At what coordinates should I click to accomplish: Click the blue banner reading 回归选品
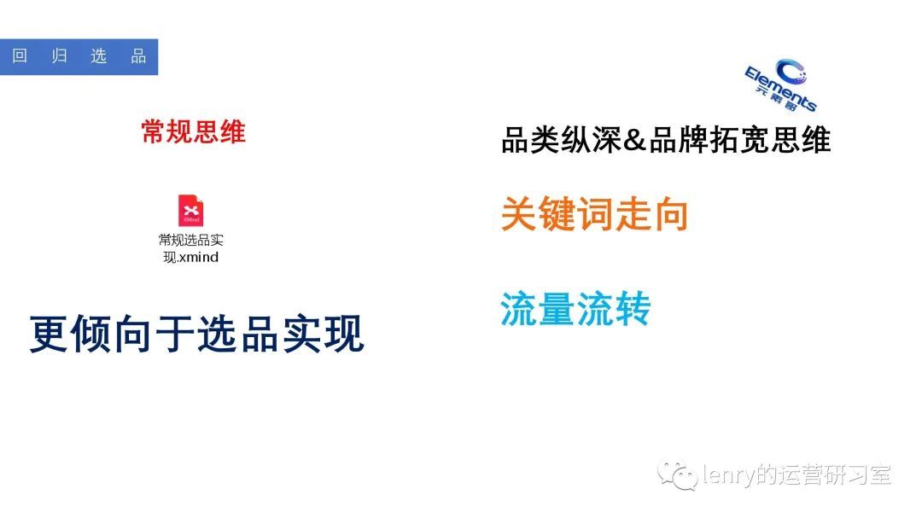(x=79, y=56)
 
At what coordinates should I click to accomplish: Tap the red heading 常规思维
(x=194, y=131)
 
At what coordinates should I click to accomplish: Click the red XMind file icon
(x=190, y=211)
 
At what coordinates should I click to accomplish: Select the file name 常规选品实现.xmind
(x=190, y=248)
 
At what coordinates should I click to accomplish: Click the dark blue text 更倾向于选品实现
(x=197, y=334)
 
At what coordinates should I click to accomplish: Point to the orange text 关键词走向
(x=594, y=213)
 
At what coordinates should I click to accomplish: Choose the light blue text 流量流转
(x=575, y=308)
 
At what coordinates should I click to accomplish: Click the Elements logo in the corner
(x=781, y=84)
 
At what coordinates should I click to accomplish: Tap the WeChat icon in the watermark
(x=677, y=474)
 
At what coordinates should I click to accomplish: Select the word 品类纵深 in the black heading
(x=562, y=141)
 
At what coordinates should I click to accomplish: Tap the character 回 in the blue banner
(x=20, y=55)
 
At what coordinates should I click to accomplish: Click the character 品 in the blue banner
(x=138, y=55)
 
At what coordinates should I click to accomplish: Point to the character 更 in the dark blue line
(x=49, y=334)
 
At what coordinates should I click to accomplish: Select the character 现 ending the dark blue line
(x=345, y=334)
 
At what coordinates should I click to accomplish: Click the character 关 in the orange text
(x=519, y=213)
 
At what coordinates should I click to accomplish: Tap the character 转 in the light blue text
(x=633, y=308)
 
